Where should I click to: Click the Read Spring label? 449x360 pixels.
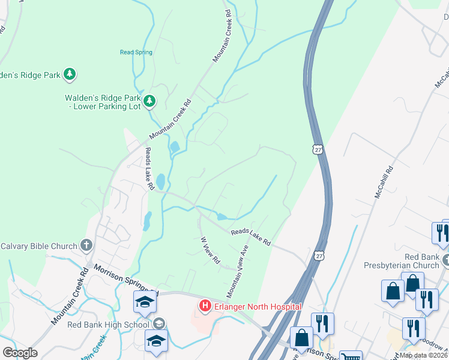(x=136, y=52)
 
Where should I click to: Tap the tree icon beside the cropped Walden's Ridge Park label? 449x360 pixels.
(x=70, y=74)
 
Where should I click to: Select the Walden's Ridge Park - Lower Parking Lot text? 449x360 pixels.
(x=103, y=102)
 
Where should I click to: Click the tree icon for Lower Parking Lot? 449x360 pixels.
(x=149, y=101)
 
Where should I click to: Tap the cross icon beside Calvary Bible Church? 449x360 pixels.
(x=86, y=245)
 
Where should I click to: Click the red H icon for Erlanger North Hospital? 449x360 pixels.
(x=205, y=307)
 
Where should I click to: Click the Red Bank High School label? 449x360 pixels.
(x=109, y=325)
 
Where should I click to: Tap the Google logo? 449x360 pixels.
(x=20, y=353)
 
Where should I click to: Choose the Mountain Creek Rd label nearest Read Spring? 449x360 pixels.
(x=221, y=36)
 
